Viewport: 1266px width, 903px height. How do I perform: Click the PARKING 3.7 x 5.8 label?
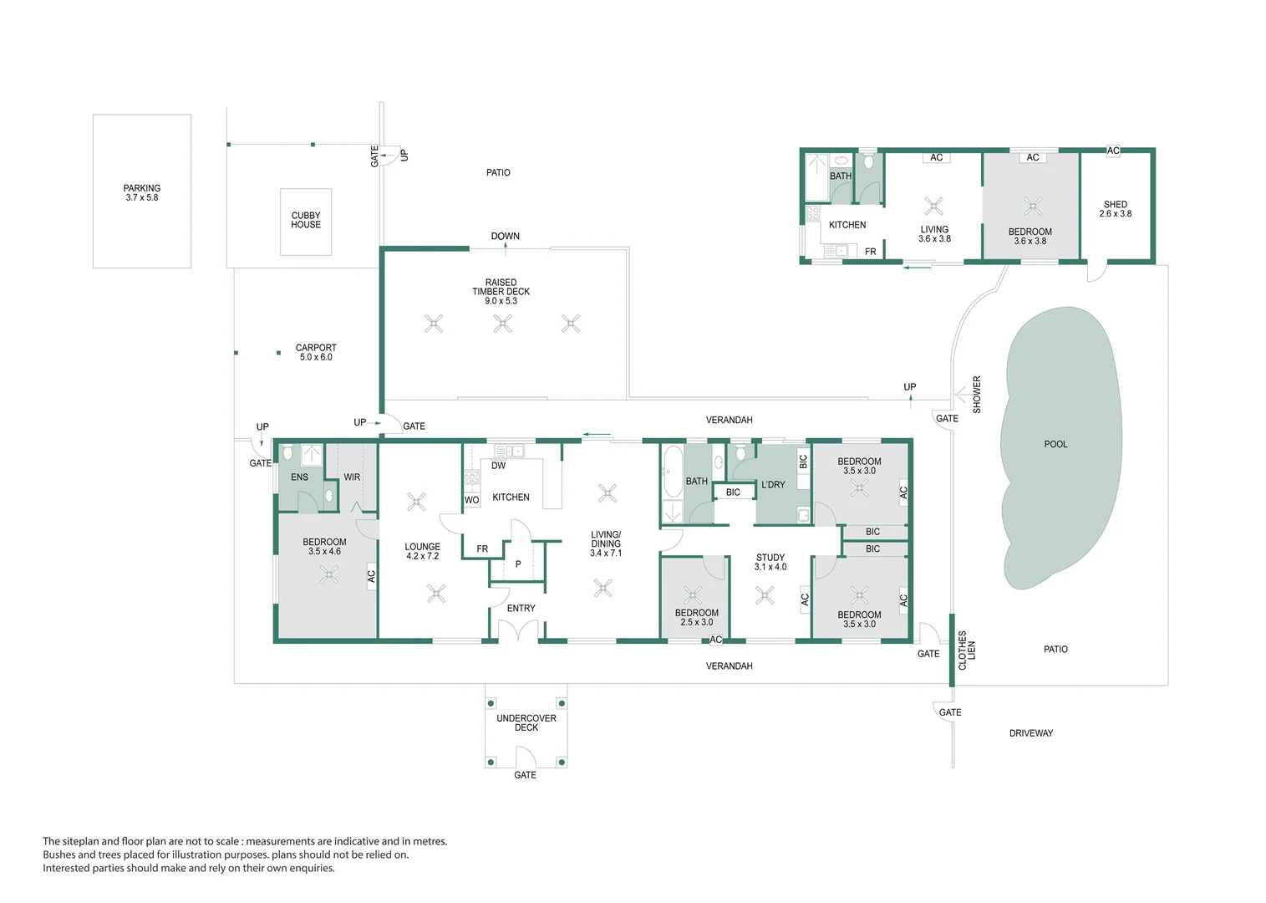coord(142,193)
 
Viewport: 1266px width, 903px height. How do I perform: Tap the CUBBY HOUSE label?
coord(306,220)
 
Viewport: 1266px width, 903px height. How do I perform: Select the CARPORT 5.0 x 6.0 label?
coord(316,352)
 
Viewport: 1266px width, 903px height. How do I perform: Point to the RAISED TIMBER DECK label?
coord(501,291)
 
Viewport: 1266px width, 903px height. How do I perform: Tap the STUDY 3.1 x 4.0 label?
coord(770,562)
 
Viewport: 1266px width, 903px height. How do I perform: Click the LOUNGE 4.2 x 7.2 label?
coord(422,551)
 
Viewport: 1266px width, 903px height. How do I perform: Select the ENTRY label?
coord(521,609)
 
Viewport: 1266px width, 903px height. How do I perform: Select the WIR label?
coord(352,477)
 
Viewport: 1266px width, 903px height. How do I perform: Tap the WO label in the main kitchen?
coord(471,500)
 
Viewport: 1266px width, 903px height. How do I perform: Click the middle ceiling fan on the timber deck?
coord(502,324)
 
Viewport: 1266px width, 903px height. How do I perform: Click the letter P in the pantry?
coord(518,564)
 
